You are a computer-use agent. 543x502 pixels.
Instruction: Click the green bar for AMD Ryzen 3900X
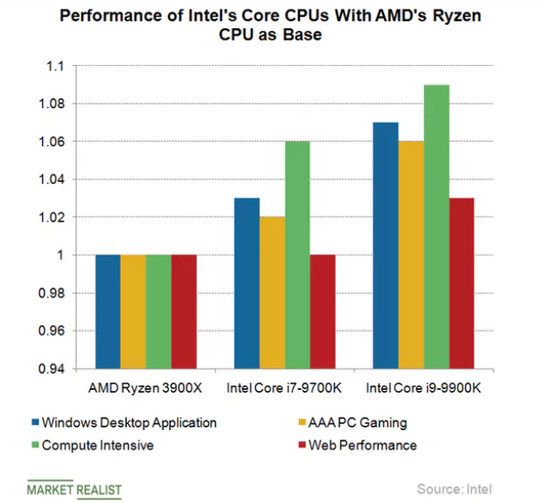coord(158,311)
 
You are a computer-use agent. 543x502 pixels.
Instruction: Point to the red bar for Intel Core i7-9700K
coord(323,311)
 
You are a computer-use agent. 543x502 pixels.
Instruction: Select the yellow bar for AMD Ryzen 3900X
coord(133,311)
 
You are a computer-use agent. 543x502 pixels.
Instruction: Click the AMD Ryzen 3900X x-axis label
coord(146,387)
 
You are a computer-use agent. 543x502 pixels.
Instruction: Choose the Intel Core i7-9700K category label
coord(284,387)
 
